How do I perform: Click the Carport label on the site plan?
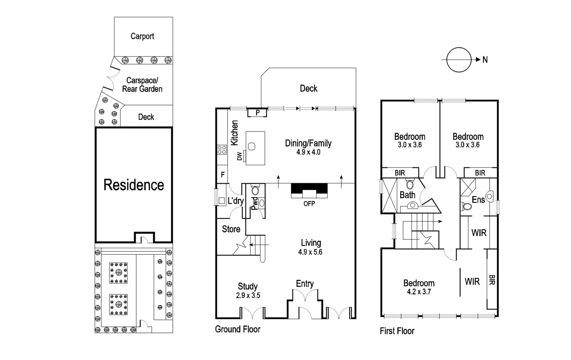point(142,36)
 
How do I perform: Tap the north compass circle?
point(459,60)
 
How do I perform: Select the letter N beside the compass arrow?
point(485,60)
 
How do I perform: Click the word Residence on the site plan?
point(134,185)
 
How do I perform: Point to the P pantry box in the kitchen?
point(257,113)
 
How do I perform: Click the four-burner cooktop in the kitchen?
point(222,149)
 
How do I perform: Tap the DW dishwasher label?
point(239,156)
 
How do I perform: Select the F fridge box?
point(222,175)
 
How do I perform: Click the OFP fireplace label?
point(309,203)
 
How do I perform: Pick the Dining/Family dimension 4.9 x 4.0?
point(308,152)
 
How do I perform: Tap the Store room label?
point(231,229)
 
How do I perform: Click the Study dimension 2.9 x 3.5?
point(248,295)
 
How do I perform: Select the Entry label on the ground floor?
point(304,284)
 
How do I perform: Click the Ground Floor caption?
point(237,329)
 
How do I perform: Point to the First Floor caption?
point(397,331)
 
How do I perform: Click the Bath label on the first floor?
point(407,195)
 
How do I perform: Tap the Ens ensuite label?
point(478,200)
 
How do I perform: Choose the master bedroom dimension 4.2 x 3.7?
point(419,292)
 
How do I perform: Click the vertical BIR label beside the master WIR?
point(492,280)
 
